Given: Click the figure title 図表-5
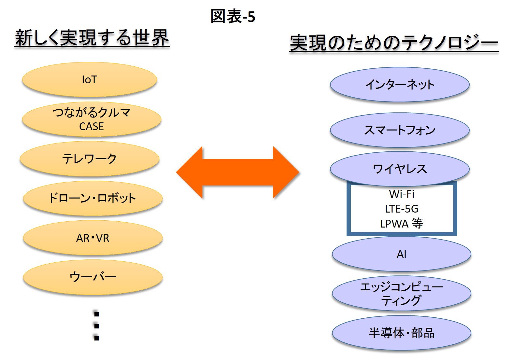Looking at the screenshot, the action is click(233, 16).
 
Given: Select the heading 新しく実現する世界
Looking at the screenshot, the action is click(92, 38).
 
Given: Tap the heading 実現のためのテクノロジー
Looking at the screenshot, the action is click(394, 43).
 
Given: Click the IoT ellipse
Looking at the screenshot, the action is click(90, 80).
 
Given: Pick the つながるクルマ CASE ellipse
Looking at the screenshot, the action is click(92, 119).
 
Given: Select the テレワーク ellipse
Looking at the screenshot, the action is click(90, 159).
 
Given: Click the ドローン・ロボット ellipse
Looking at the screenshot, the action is click(93, 198).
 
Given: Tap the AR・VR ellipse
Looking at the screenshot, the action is click(93, 238).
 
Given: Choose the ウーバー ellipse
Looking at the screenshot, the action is click(93, 277).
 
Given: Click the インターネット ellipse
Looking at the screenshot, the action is click(400, 84).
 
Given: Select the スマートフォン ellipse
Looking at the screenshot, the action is click(400, 130).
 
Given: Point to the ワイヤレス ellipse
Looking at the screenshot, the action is click(400, 169).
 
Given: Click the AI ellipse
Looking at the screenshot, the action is click(402, 254).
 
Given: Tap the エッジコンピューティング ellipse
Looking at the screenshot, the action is click(402, 293).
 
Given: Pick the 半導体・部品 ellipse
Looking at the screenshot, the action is click(402, 333).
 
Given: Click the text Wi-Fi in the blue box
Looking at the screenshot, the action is click(402, 194).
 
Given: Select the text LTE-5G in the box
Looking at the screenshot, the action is click(402, 209).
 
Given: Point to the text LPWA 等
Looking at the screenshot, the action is click(402, 223).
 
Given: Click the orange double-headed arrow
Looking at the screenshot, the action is click(237, 172).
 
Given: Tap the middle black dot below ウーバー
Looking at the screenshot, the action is click(97, 326).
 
